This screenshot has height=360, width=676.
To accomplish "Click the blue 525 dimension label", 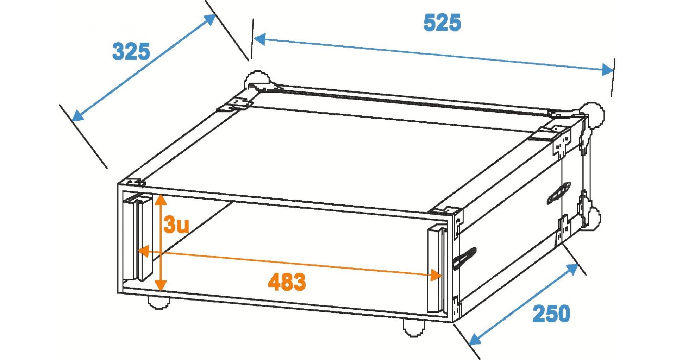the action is click(442, 23).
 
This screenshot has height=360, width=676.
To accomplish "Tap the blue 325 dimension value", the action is click(131, 52).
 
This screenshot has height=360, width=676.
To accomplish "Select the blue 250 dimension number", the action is click(551, 314).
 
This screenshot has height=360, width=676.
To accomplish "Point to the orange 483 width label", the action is click(287, 282).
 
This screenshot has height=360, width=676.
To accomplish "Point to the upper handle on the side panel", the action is click(559, 193).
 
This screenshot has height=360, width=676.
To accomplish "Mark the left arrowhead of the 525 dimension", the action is click(259, 39).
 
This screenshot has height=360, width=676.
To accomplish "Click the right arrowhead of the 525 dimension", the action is click(607, 70).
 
